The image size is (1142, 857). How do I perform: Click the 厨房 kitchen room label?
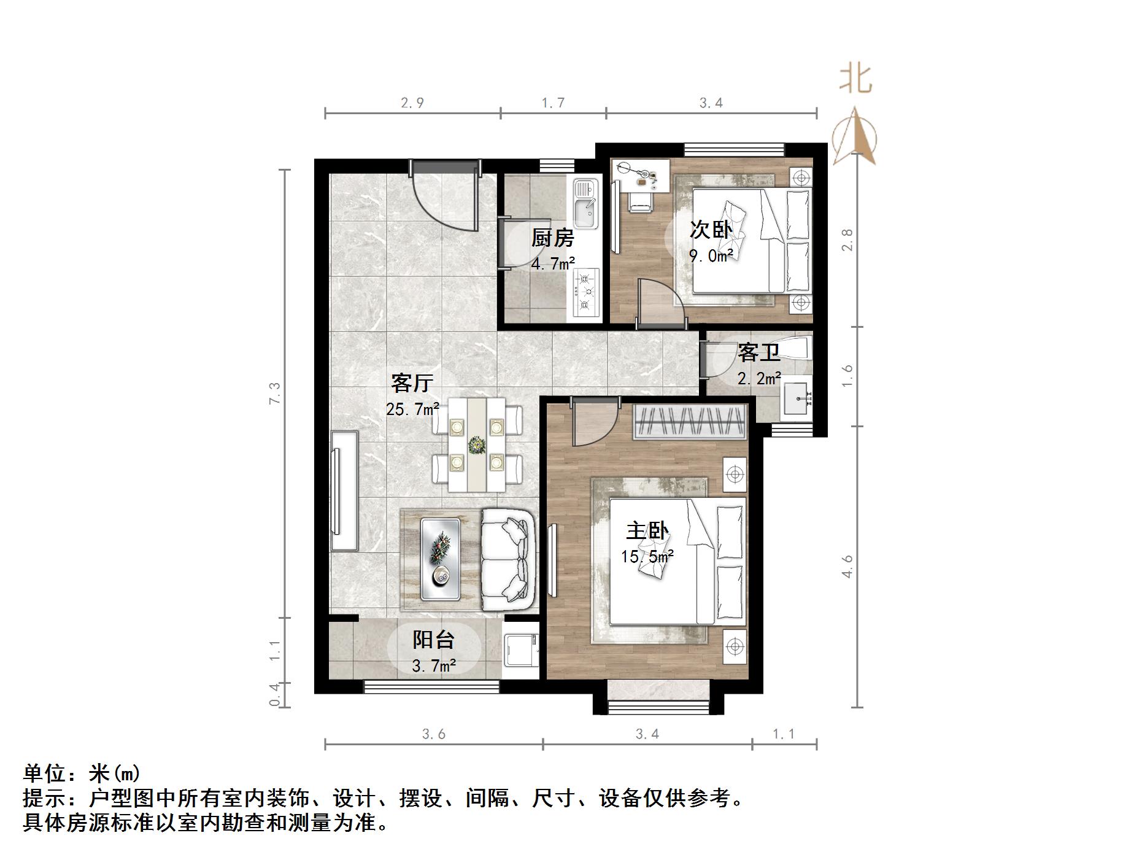552,238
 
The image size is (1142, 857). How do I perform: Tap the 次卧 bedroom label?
711,230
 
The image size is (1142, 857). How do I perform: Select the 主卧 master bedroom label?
647,530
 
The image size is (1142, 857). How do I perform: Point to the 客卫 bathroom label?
758,353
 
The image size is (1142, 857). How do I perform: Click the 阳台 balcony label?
433,640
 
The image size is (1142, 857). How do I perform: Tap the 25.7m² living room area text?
412,409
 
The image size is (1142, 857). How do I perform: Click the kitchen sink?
585,203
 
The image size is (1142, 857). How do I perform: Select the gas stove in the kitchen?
585,293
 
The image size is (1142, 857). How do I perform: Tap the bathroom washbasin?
796,398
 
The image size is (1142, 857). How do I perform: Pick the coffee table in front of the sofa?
441,559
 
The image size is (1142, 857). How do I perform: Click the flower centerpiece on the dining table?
476,444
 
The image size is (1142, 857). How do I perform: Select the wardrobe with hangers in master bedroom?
690,421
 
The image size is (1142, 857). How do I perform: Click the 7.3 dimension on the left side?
274,393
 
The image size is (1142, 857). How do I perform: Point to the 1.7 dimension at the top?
553,103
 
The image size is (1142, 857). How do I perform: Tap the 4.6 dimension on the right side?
847,566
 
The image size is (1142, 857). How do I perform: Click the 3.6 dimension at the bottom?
433,734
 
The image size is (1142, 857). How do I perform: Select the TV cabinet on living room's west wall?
344,491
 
